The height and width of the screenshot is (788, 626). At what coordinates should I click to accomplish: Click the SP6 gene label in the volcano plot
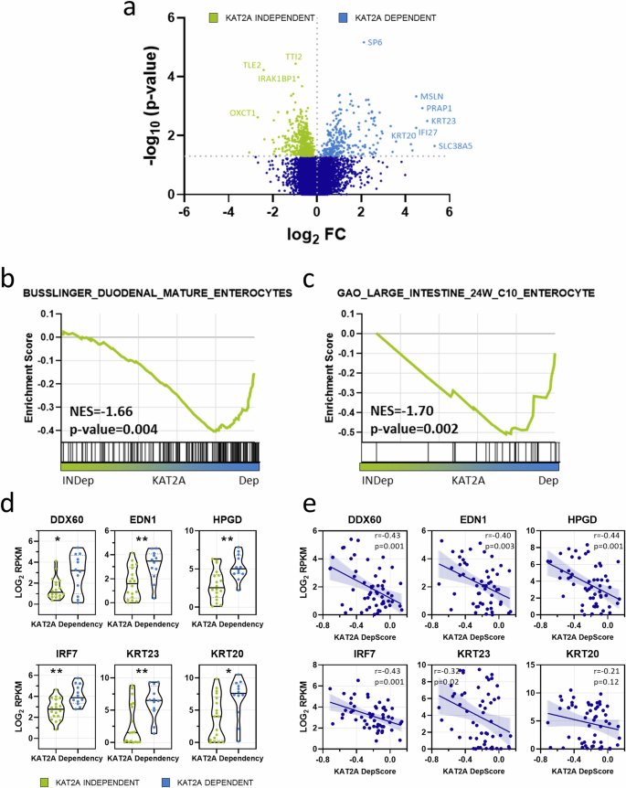pos(375,42)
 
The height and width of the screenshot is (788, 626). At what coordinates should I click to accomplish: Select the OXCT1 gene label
pos(242,113)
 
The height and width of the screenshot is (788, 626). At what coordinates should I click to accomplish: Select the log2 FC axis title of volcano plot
pos(315,235)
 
